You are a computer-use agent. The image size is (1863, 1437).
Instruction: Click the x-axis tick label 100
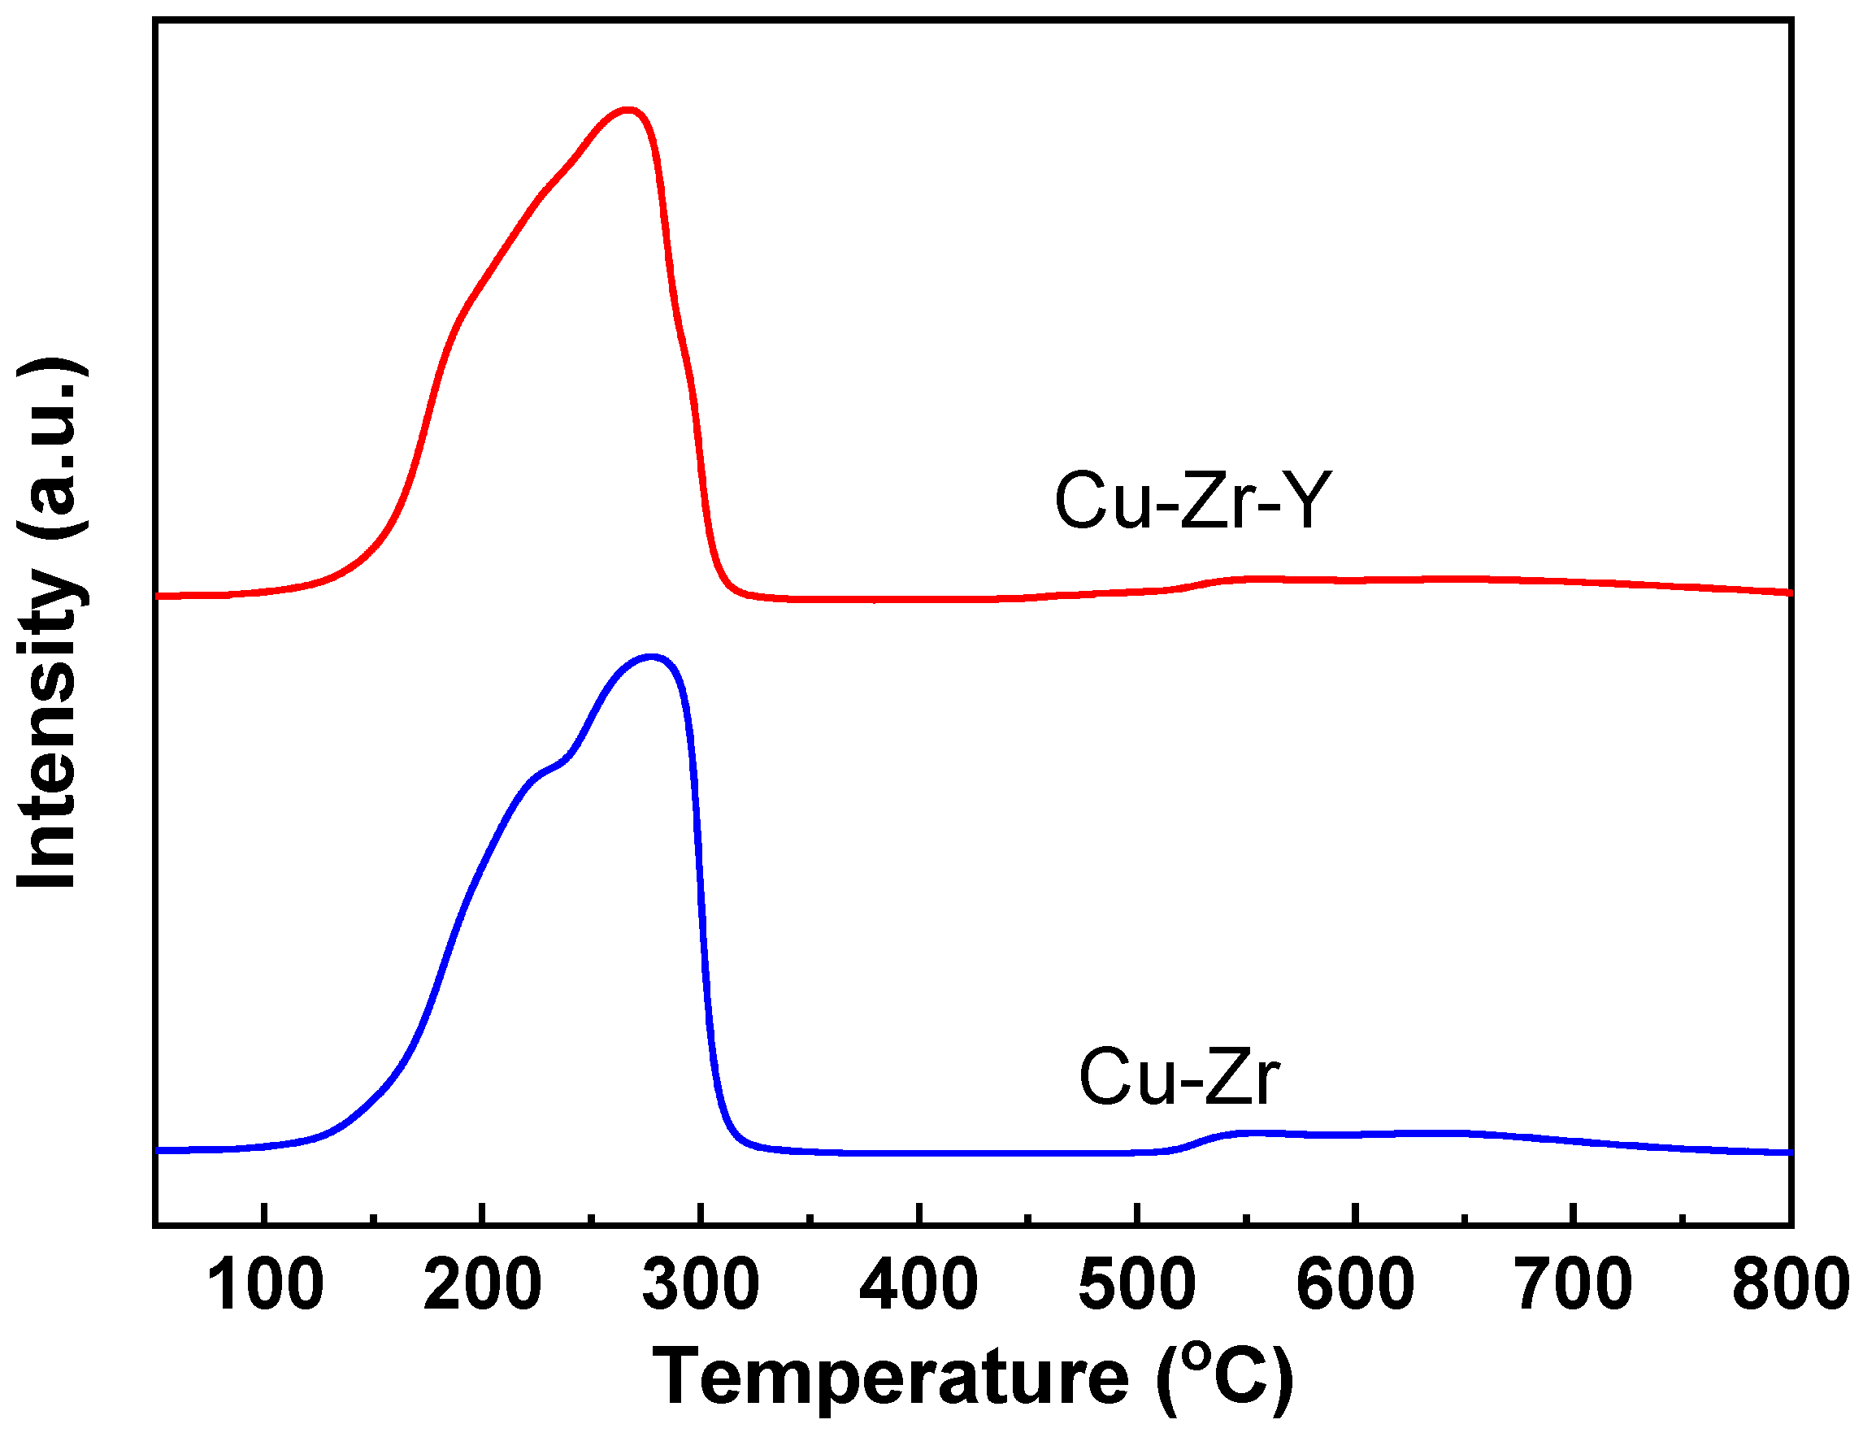[264, 1285]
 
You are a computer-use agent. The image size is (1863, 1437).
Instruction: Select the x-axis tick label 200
[483, 1285]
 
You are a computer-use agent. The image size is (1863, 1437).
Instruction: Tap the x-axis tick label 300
[701, 1285]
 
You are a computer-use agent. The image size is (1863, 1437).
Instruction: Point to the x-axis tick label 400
[918, 1285]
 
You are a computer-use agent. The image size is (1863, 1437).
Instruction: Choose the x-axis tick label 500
[1136, 1285]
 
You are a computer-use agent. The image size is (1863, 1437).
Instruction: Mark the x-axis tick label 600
[1355, 1285]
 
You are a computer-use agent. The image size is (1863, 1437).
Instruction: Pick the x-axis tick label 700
[1572, 1285]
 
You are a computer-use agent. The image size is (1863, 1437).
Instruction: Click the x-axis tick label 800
[1790, 1285]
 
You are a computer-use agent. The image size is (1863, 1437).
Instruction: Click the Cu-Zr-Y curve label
[1192, 501]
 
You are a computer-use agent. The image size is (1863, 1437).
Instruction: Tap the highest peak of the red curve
[628, 109]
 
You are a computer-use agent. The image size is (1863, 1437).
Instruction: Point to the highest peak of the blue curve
[653, 656]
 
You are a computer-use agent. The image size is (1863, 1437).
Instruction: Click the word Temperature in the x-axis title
[891, 1378]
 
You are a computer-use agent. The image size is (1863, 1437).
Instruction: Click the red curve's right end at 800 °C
[1788, 592]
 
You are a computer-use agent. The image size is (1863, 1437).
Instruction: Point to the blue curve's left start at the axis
[159, 1150]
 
